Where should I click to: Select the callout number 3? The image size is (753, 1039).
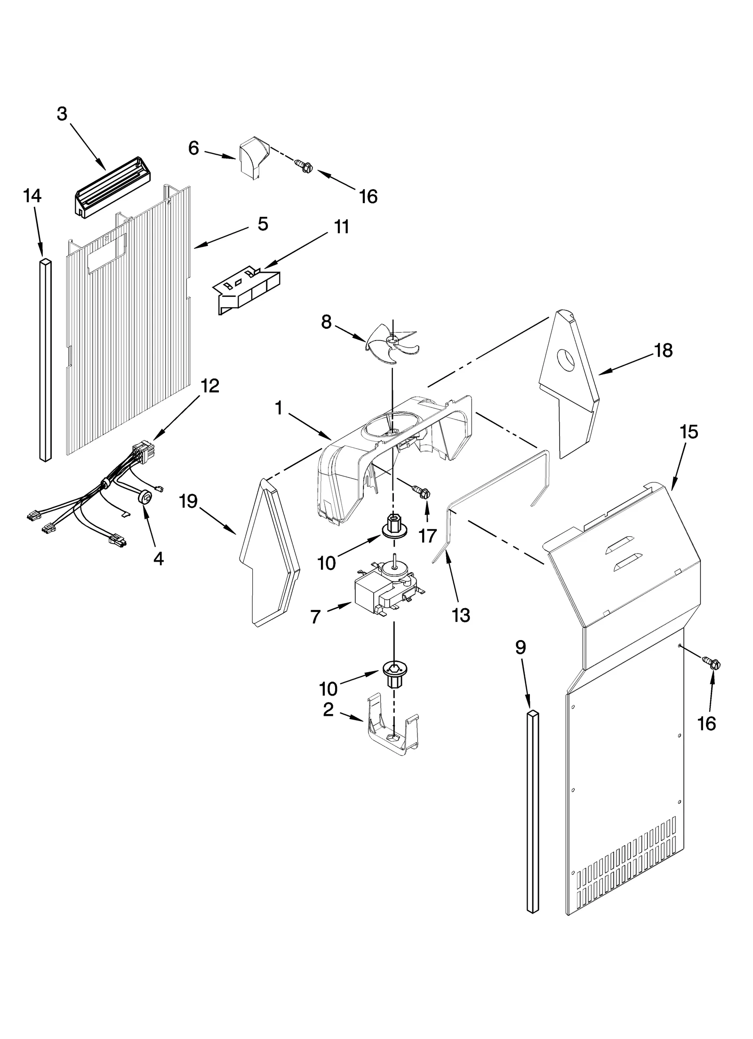pos(62,114)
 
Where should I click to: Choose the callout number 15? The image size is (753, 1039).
pos(689,432)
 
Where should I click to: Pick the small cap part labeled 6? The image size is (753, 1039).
pos(253,158)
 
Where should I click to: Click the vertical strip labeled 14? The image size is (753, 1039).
pos(45,360)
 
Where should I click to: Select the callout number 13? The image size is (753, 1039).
pos(461,615)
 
